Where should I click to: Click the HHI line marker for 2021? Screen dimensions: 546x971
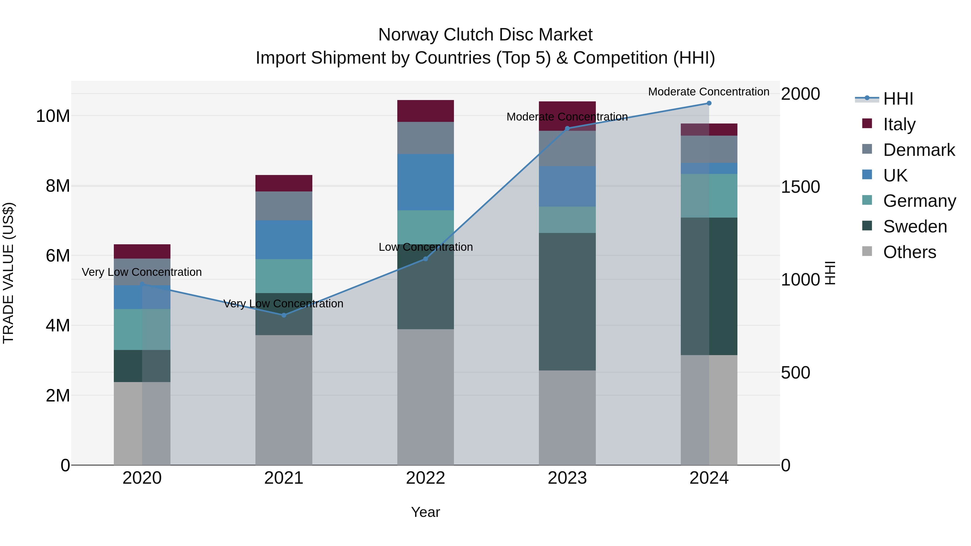(284, 315)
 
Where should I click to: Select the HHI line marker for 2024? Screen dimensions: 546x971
(709, 103)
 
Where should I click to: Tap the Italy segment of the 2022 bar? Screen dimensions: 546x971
(426, 111)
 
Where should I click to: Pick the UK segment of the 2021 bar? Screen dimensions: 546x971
(284, 240)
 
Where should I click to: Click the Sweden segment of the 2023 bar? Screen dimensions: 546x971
(567, 301)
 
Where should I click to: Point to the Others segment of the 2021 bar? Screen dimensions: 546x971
(284, 399)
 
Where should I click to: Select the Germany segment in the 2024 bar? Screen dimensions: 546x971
(709, 195)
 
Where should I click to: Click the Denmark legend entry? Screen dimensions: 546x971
(919, 150)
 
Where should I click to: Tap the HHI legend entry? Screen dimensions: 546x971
(898, 99)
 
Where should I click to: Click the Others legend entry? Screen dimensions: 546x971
(909, 252)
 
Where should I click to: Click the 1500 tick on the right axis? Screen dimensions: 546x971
(800, 187)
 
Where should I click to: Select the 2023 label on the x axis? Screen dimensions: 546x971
(567, 478)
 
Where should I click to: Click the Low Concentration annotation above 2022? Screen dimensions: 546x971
(426, 247)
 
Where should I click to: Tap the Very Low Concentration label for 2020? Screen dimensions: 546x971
(142, 272)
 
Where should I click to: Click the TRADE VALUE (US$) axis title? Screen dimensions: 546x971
(8, 273)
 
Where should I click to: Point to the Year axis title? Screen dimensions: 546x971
(426, 512)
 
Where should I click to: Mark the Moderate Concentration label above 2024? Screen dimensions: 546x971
(709, 92)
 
